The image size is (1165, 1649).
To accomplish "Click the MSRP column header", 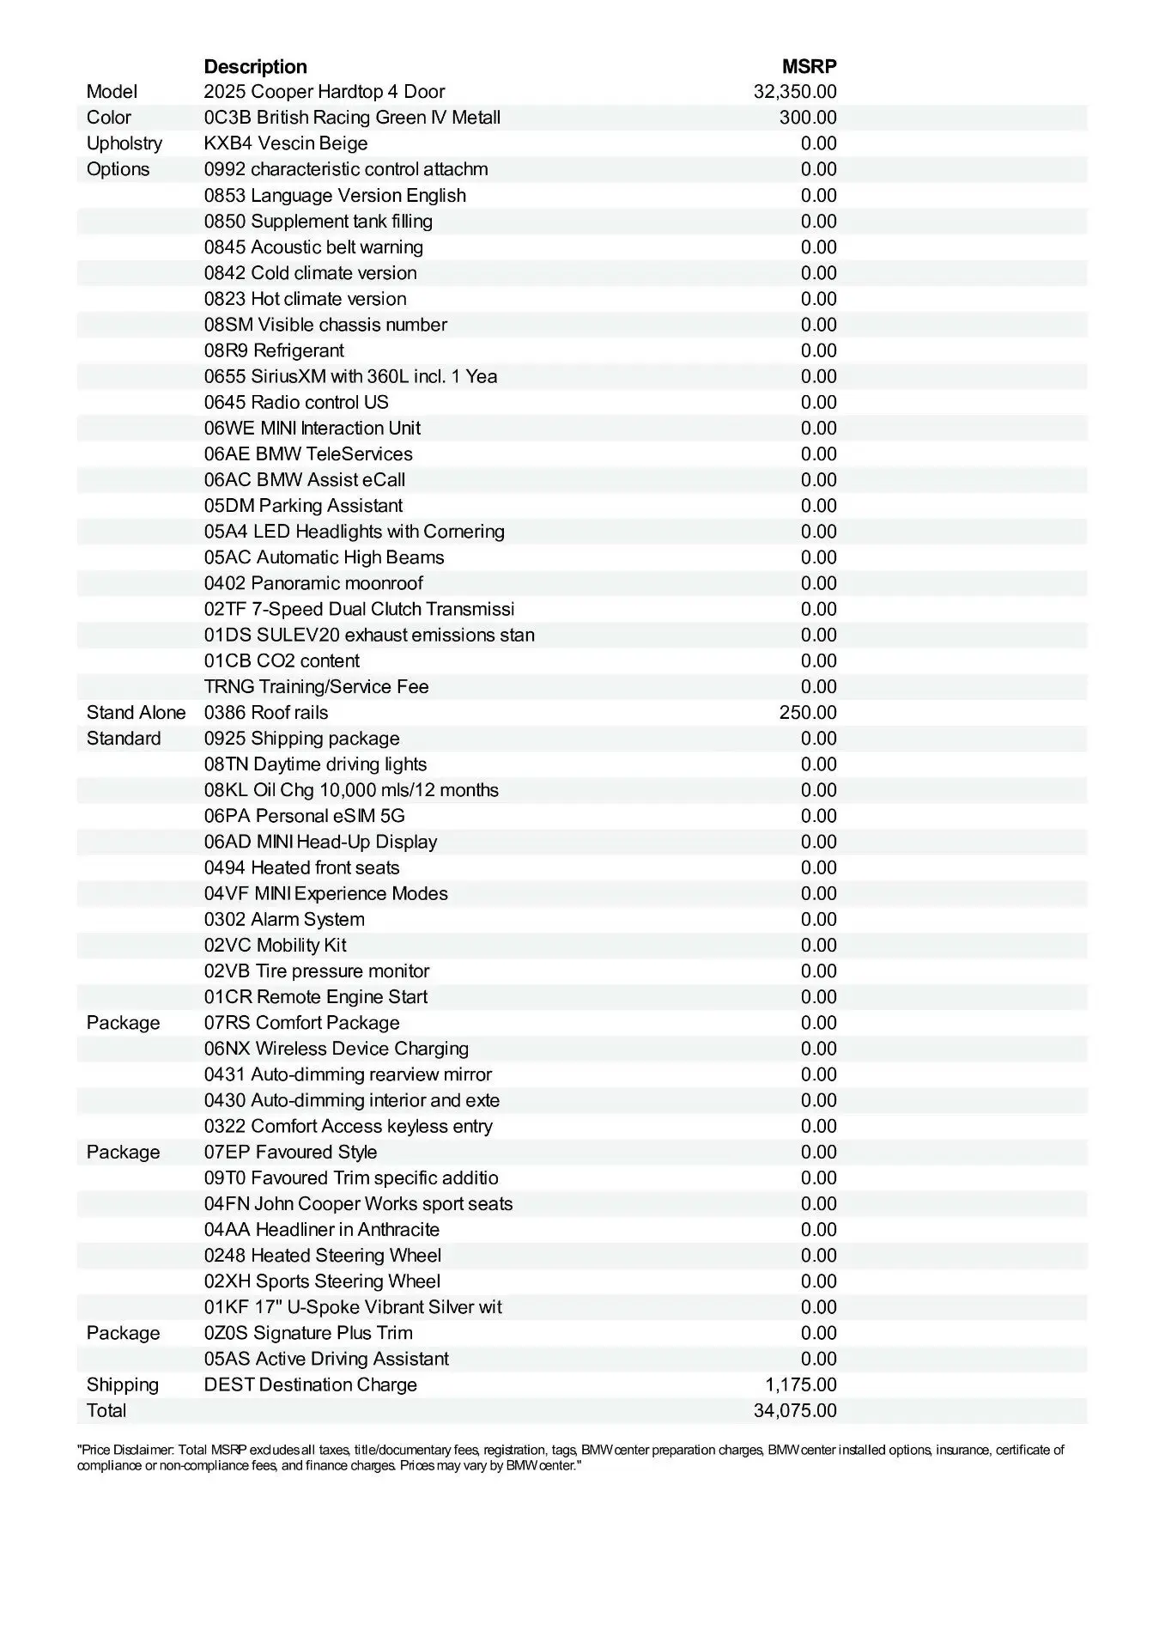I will point(809,67).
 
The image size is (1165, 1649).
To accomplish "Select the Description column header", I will point(255,67).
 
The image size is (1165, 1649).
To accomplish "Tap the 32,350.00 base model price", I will point(795,92).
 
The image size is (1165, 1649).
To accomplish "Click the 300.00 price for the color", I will point(808,118).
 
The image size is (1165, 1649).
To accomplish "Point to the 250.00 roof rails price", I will point(808,713).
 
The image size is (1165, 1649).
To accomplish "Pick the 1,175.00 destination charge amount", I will point(801,1384).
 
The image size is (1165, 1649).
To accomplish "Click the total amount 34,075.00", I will point(795,1410).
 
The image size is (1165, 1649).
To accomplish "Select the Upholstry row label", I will point(124,143).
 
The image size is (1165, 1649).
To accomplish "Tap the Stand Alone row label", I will point(136,713).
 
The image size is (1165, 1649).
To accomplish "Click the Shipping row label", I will point(123,1384).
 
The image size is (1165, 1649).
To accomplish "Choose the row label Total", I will point(106,1410).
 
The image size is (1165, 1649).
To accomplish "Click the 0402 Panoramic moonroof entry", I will point(313,583).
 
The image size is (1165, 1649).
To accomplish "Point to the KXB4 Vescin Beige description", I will point(286,143).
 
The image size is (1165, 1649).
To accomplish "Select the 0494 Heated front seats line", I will point(302,867).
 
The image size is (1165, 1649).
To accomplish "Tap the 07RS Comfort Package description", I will point(302,1023).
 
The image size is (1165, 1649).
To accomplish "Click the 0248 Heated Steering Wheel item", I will point(323,1256).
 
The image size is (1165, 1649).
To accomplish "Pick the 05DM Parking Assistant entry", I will point(303,506).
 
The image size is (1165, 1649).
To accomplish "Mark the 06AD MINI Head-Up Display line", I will point(320,842).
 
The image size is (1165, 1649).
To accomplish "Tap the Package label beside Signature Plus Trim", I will point(123,1333).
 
